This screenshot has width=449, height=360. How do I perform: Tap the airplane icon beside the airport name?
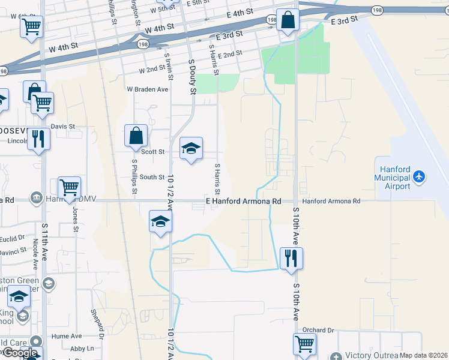419,177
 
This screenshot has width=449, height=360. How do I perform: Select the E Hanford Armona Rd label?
244,202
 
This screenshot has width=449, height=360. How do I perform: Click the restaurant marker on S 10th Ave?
291,258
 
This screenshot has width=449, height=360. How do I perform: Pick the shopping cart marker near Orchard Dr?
304,344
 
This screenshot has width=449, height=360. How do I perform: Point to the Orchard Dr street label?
318,330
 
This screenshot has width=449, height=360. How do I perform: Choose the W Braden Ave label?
147,89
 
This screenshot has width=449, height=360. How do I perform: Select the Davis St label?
62,127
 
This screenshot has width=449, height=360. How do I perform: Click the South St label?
152,177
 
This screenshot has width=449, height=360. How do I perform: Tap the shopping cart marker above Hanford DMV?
69,187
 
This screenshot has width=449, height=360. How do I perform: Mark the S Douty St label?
192,77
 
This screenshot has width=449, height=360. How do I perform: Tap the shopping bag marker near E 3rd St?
288,20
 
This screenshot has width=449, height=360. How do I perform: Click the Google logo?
20,353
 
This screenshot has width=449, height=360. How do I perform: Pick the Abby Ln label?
82,349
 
